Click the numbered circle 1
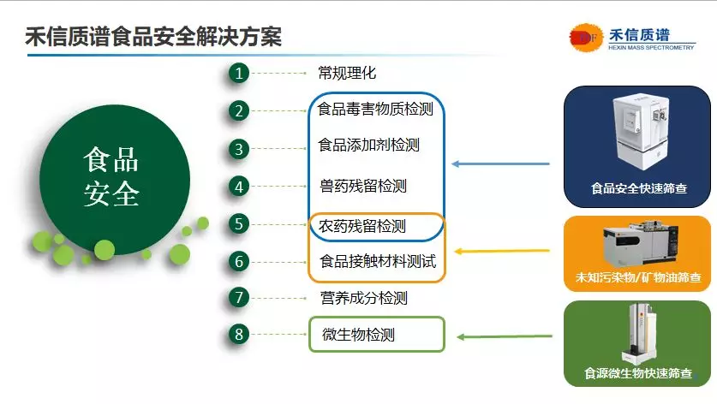coord(239,73)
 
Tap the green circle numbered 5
coord(239,224)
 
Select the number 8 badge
coord(239,334)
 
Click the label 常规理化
coord(347,73)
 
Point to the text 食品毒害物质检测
coord(375,109)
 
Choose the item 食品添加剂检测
coord(368,145)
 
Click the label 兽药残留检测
coord(363,186)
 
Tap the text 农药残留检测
coord(362,226)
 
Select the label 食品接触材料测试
coord(378,261)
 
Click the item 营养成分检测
coord(364,298)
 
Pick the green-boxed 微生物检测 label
coord(358,335)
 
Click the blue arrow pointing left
coord(501,163)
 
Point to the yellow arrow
coord(502,251)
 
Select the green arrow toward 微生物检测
coord(505,337)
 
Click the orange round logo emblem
coord(586,38)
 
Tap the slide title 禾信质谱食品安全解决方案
coord(153,37)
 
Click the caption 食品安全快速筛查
coord(639,188)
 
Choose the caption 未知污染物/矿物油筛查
coord(638,277)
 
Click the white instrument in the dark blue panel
coord(640,132)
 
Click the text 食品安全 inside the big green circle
coord(111,177)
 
